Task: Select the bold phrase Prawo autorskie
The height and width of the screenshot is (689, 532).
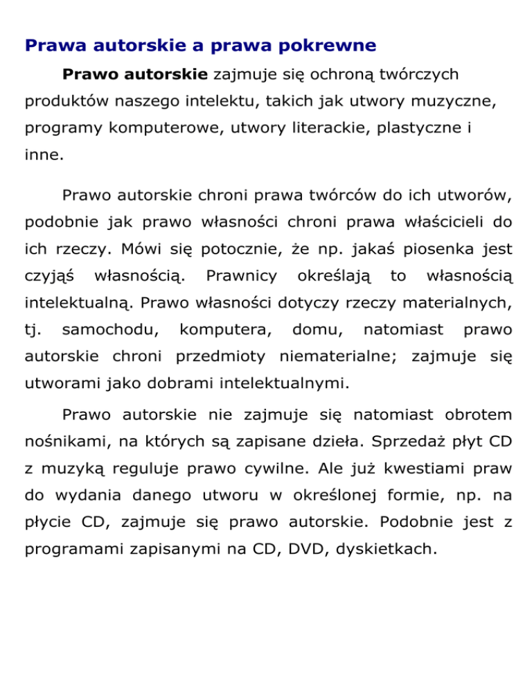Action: click(x=135, y=73)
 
